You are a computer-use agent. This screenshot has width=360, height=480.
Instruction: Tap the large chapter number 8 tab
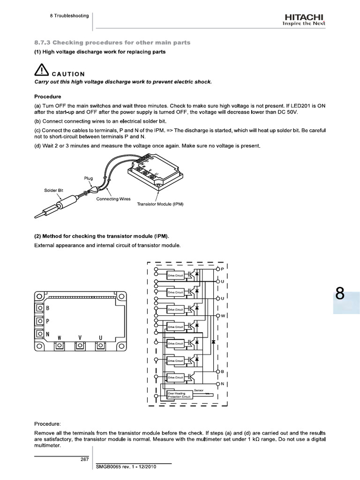[x=340, y=295]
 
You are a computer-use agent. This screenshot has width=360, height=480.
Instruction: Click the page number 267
[x=85, y=458]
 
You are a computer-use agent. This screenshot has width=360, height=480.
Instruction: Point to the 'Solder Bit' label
[x=53, y=190]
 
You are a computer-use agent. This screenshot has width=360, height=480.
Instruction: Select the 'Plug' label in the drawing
[x=89, y=178]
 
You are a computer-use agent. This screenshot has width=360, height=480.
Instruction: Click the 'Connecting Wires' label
[x=113, y=199]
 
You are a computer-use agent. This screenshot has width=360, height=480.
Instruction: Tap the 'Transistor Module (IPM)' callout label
[x=160, y=204]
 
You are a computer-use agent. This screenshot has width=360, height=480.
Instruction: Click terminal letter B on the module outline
[x=47, y=308]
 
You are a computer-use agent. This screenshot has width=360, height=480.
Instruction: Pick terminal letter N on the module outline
[x=47, y=334]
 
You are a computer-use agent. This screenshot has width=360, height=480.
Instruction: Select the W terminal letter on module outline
[x=60, y=337]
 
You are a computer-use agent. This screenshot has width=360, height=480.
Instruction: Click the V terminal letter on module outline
[x=80, y=337]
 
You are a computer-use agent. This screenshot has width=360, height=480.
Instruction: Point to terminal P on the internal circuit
[x=223, y=269]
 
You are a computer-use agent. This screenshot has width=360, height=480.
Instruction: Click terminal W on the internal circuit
[x=223, y=315]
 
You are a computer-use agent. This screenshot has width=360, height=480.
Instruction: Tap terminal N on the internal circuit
[x=223, y=384]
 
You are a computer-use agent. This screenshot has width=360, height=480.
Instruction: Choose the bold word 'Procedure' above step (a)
[x=48, y=97]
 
